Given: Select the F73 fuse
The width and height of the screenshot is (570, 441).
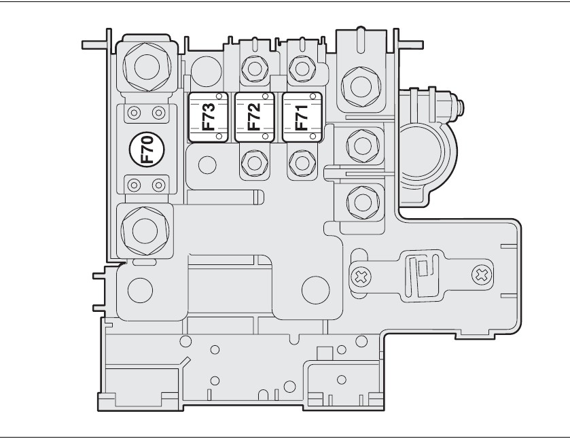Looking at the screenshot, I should pos(209,117).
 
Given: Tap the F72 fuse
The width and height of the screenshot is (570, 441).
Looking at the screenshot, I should pos(254,117).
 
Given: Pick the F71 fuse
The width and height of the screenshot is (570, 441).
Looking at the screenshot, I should pos(301,117).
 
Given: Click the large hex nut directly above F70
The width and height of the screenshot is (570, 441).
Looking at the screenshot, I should pos(144,66).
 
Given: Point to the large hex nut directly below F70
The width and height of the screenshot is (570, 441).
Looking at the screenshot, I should pos(144,230).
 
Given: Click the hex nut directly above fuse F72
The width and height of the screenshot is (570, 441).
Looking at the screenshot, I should pos(253,68).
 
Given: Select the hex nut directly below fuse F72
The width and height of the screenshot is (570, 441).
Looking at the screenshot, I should pos(253,162).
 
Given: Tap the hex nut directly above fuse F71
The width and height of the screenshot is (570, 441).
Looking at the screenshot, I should pos(300,67).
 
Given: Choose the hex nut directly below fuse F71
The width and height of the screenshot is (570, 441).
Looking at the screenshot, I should pos(300,162).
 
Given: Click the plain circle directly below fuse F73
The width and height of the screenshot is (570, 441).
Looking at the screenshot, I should pos(208,164).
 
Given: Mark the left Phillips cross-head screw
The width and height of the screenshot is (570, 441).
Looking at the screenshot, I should pos(361,275).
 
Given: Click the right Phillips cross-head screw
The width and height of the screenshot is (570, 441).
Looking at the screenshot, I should pos(481,275).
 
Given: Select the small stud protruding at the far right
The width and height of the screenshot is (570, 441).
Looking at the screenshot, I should pos(463,107).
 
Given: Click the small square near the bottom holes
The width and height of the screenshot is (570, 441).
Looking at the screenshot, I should pos(324,352).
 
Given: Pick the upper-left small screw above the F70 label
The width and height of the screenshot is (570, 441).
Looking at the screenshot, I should pos(135,112).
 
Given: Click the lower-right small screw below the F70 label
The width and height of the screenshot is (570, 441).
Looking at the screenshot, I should pos(158,183).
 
